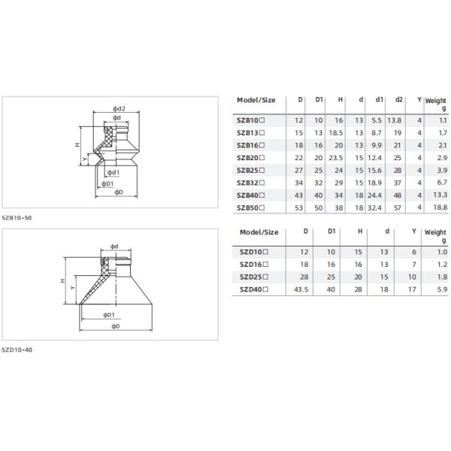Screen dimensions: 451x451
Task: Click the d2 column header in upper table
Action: point(398,100)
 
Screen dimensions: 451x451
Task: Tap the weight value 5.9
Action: point(441,289)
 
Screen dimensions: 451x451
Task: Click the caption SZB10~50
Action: point(17,217)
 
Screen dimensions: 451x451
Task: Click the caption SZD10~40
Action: point(17,350)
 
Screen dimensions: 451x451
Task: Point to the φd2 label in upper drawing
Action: point(118,110)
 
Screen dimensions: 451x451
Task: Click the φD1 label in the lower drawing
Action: point(108,314)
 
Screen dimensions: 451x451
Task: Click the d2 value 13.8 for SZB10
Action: point(395,120)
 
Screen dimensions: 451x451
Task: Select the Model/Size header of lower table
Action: point(258,232)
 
